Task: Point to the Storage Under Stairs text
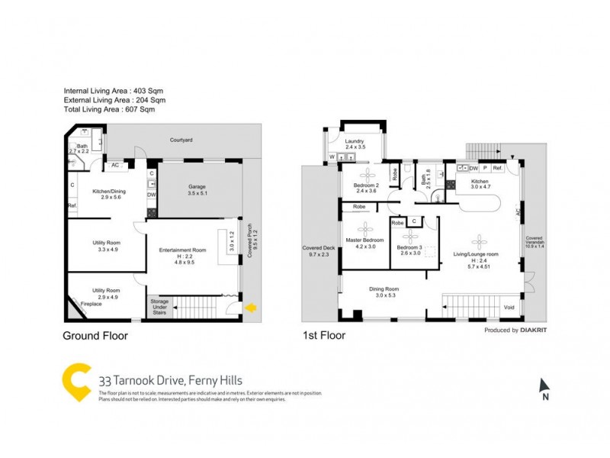[159, 307]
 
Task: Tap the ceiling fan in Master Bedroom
[366, 227]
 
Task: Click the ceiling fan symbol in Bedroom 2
[364, 175]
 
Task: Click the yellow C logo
[76, 382]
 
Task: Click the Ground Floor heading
[95, 336]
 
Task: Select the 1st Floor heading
[324, 335]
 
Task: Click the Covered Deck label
[318, 250]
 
